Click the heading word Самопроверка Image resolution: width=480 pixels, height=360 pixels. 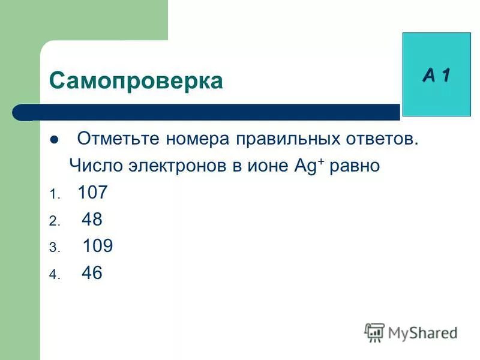coord(136,80)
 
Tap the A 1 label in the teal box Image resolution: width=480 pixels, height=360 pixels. coord(436,75)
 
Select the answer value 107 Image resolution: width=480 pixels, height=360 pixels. coord(93,193)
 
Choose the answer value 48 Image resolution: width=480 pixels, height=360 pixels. coord(92,220)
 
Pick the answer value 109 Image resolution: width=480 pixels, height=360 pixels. coord(98,247)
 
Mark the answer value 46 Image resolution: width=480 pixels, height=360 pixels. coord(92,274)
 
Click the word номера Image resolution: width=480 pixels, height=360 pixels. coord(194,140)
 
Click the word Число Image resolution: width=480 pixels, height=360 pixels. coord(94,166)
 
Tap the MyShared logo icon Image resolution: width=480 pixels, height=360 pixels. coord(374,332)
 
